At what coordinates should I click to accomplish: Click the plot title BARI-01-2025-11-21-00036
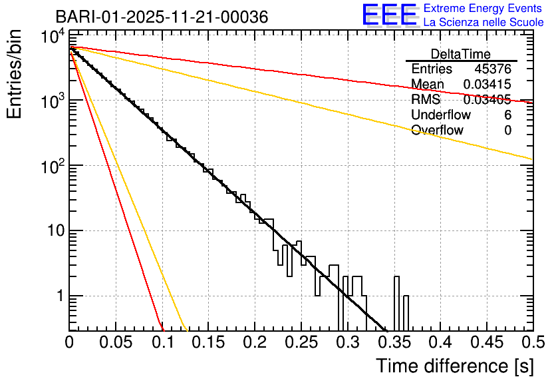tap(162, 17)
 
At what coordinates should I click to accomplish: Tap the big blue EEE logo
tap(389, 15)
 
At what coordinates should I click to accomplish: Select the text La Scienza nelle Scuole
tap(484, 23)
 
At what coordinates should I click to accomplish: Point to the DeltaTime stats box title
tap(461, 54)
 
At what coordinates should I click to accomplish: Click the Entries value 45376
tap(493, 69)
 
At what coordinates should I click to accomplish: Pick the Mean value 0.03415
tap(487, 85)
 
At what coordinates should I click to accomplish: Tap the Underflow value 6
tap(507, 115)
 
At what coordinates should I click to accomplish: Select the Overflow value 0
tap(507, 131)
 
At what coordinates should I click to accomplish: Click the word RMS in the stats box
tap(424, 100)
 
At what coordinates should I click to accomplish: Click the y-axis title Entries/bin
tap(15, 75)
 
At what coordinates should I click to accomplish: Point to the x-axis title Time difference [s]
tap(454, 366)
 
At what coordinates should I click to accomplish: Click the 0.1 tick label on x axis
tap(162, 342)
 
